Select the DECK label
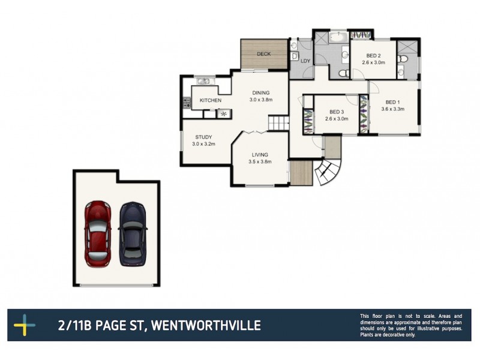click(264, 54)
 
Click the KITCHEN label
click(211, 100)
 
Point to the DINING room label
click(261, 92)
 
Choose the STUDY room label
click(203, 137)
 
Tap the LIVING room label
click(260, 154)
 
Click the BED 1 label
click(393, 101)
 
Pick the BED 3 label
click(337, 112)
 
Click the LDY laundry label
click(305, 61)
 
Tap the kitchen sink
click(202, 81)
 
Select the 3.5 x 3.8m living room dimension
click(260, 161)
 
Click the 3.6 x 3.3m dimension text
click(393, 109)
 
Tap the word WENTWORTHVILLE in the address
click(206, 326)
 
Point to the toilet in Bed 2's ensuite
click(403, 59)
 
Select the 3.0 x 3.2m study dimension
click(203, 144)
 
